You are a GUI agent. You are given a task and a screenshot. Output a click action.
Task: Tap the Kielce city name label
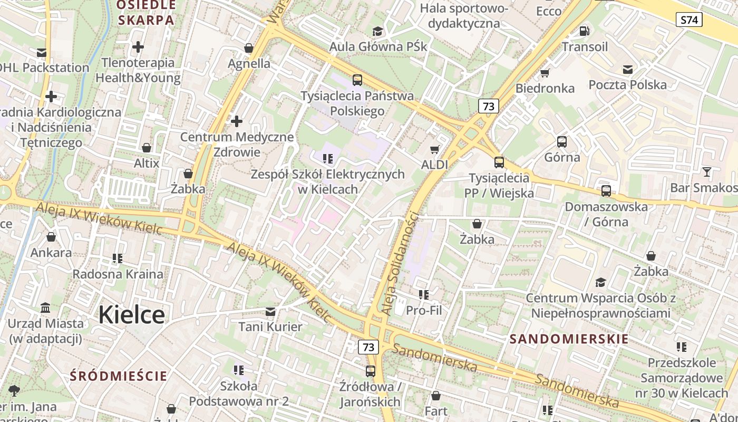pos(131,314)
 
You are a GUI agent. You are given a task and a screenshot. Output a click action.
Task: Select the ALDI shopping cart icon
pos(435,150)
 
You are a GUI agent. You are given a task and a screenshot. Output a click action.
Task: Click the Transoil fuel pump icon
pos(584,31)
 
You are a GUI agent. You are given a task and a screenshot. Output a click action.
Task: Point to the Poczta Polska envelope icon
pos(627,70)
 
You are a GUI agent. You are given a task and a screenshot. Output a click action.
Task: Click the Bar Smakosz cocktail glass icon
pos(706,172)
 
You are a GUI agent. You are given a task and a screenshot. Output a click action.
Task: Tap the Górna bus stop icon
pos(562,142)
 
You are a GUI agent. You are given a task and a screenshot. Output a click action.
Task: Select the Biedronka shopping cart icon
pos(545,73)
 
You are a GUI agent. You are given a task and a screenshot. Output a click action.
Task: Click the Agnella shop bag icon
pos(249,49)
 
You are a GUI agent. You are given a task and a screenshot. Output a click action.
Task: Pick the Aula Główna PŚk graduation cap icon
pos(377,32)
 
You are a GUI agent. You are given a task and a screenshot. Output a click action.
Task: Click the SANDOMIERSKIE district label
pos(569,339)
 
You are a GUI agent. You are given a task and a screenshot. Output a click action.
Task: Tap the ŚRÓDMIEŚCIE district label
pos(119,376)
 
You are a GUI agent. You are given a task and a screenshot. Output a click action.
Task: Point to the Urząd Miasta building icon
pos(45,308)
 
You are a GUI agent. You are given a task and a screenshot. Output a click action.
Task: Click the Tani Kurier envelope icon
pos(270,312)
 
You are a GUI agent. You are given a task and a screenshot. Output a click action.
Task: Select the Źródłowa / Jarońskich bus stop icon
pos(371,371)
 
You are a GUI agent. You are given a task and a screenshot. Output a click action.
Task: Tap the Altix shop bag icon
pos(147,148)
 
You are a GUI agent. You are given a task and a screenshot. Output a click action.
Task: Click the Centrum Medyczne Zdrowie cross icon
pos(237,122)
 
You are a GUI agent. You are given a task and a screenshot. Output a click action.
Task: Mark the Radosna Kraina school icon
pos(118,258)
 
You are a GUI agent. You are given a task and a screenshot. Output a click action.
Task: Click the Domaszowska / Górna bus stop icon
pos(606,191)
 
